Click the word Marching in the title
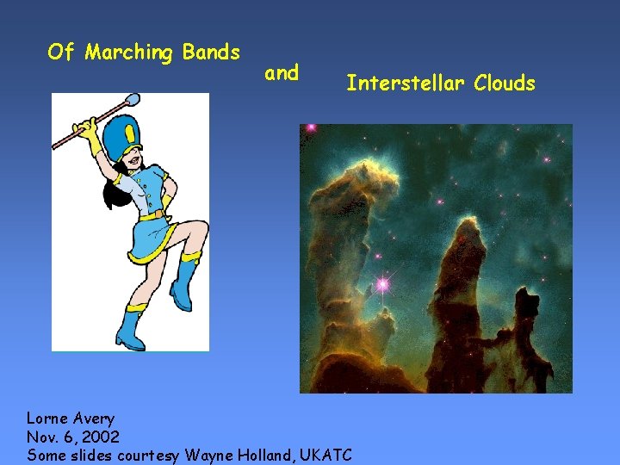(130, 53)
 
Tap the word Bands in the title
(211, 53)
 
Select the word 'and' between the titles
(282, 73)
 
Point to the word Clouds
(502, 84)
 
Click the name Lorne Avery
(71, 419)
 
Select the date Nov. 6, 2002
(73, 437)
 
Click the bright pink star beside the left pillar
(381, 283)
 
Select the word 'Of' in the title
(61, 53)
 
